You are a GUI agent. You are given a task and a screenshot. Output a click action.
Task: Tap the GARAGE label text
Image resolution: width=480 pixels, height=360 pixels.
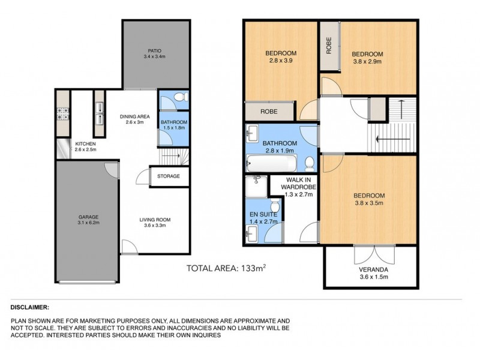[x=88, y=217]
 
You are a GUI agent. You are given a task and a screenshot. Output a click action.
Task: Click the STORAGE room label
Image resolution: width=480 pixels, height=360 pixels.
[x=169, y=176]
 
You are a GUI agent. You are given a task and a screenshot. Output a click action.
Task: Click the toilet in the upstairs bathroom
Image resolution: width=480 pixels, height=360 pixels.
[x=308, y=162]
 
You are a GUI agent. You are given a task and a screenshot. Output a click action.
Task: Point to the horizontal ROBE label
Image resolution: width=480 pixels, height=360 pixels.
[x=268, y=112]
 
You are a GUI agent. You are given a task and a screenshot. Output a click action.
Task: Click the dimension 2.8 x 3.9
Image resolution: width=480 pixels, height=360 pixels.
[x=280, y=61]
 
